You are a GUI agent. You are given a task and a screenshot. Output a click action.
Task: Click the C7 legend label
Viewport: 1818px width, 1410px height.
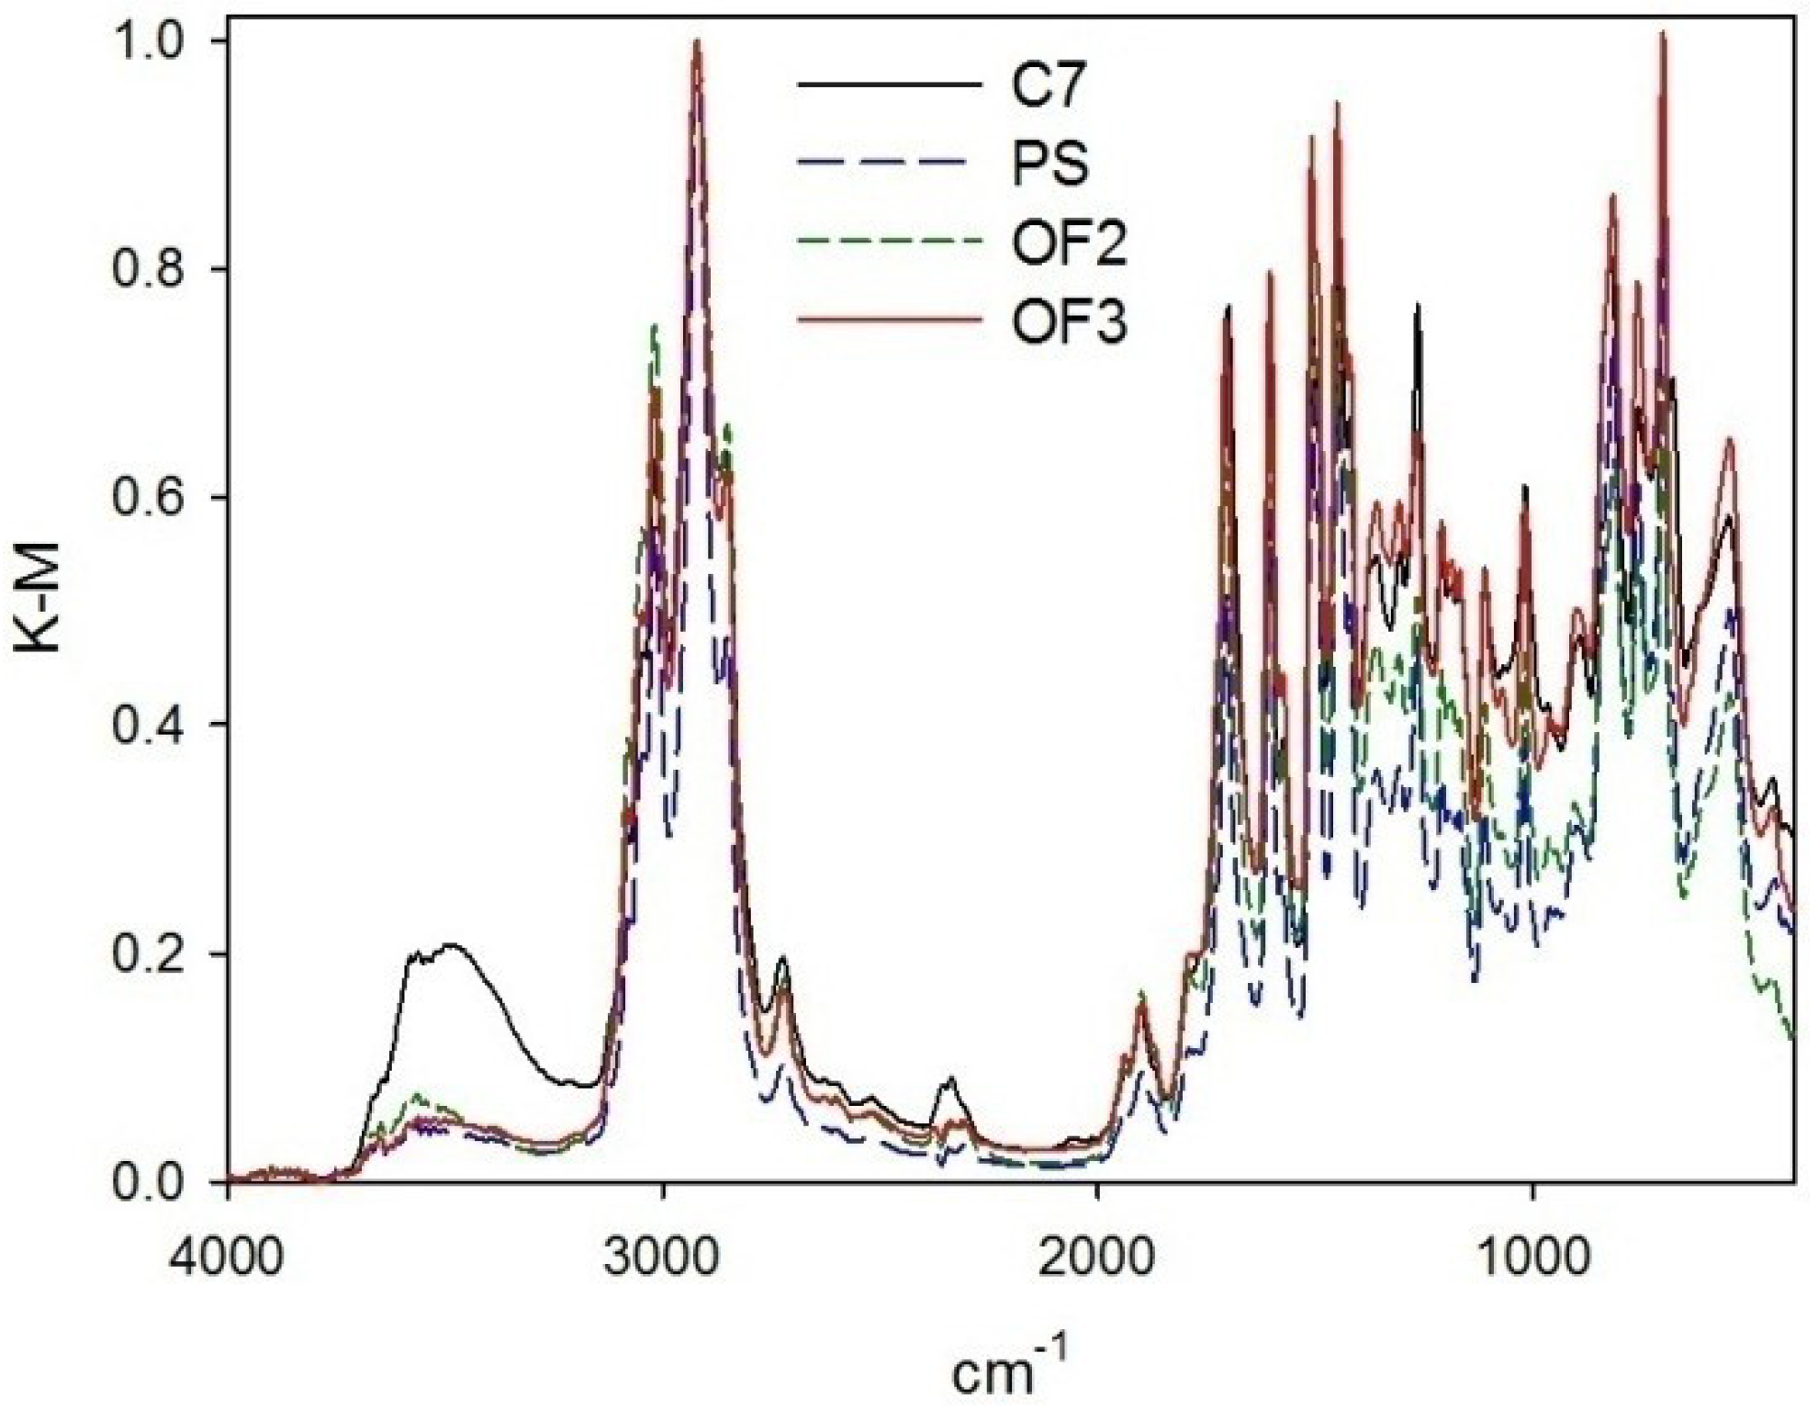pyautogui.click(x=1049, y=86)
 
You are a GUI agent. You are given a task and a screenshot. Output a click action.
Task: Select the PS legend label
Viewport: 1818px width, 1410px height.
pyautogui.click(x=1050, y=164)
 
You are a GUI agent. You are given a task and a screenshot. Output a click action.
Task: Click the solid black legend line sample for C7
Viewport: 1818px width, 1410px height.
pyautogui.click(x=889, y=85)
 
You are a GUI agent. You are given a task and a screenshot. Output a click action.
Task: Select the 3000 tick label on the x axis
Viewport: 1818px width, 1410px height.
pyautogui.click(x=662, y=1255)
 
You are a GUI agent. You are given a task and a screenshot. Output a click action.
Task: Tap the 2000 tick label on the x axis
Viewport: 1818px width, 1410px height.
pyautogui.click(x=1097, y=1255)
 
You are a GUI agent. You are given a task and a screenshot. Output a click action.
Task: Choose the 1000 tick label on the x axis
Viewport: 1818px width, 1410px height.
pyautogui.click(x=1532, y=1255)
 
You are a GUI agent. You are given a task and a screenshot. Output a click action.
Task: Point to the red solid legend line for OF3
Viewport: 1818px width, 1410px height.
pyautogui.click(x=889, y=321)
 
